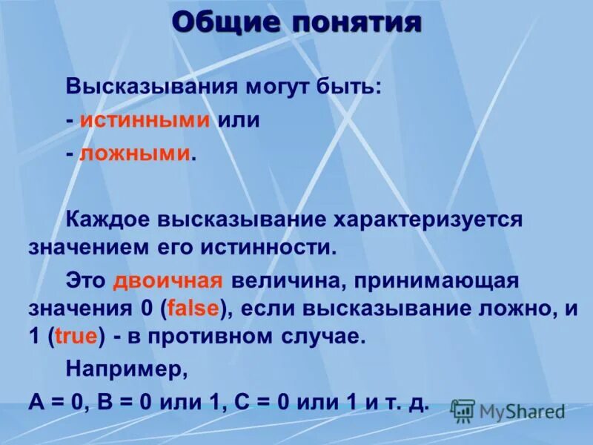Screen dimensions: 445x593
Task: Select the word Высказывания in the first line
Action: (x=148, y=88)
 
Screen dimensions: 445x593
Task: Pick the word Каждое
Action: (x=107, y=220)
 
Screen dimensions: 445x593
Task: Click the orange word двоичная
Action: (x=168, y=282)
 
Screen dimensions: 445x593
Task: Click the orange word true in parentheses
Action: (x=76, y=336)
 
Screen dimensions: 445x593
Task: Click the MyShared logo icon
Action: (x=463, y=410)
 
